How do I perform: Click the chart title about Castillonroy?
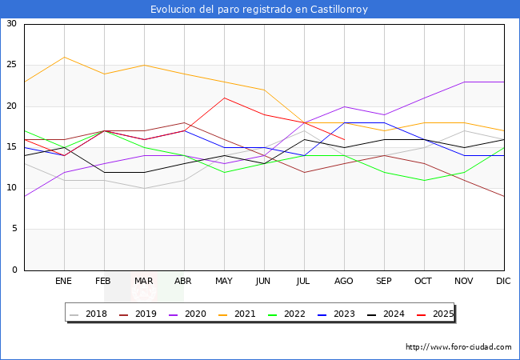(260, 10)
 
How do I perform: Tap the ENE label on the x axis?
(64, 282)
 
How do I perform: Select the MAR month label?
(144, 282)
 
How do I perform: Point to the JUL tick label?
(304, 282)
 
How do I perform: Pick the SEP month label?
(384, 282)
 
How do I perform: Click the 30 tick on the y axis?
(12, 24)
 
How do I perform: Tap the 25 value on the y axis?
(12, 65)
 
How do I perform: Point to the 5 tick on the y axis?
(14, 229)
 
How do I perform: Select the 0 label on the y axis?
(14, 270)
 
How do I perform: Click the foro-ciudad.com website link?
(458, 347)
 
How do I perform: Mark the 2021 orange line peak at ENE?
(64, 57)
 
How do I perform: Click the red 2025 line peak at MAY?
(224, 98)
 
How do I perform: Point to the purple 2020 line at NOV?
(464, 82)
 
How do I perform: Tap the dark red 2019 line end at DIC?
(504, 196)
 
